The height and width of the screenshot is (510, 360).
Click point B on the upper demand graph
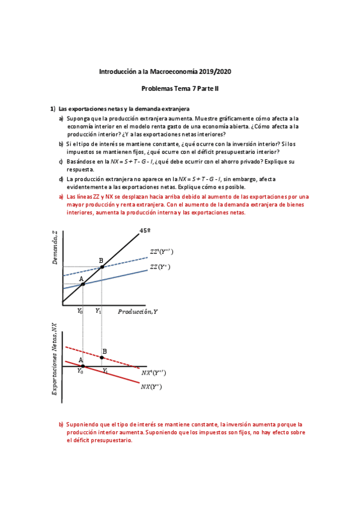coord(101,266)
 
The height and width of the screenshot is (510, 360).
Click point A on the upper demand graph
coord(82,283)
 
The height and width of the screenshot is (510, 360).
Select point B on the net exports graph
coord(101,357)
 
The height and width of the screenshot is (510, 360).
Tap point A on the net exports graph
coord(82,366)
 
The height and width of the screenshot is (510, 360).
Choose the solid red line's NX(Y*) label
coord(153,387)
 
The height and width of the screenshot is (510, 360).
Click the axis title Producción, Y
coord(138,312)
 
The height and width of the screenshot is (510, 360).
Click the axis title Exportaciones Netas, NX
coord(55,359)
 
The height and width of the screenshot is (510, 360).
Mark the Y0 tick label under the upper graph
coord(81,311)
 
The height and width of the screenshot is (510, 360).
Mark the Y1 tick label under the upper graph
coord(99,311)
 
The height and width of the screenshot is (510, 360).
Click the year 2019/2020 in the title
coord(215,72)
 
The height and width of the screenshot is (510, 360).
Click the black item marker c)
coord(61,162)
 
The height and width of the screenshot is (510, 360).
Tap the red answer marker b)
coord(61,424)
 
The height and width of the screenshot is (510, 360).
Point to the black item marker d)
coord(61,179)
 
